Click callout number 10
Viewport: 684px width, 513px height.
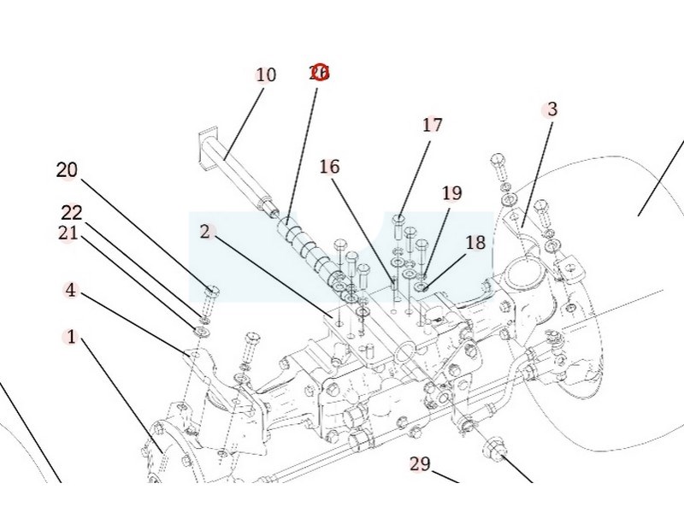click(x=266, y=75)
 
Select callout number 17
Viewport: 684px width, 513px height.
click(x=433, y=125)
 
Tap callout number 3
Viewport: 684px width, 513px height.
click(x=552, y=109)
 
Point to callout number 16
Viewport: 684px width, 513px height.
click(x=330, y=167)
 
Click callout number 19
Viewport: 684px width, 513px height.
click(x=451, y=193)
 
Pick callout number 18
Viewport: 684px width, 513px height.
click(x=475, y=243)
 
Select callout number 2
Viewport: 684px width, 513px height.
click(x=205, y=232)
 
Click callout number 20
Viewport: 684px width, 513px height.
click(x=67, y=170)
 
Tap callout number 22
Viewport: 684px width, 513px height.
click(x=72, y=212)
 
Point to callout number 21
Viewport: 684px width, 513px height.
click(x=68, y=233)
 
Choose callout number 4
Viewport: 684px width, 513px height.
click(x=70, y=291)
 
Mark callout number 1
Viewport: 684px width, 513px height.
click(x=71, y=337)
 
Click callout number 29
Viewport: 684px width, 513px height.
click(x=420, y=464)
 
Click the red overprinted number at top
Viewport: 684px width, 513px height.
click(x=319, y=73)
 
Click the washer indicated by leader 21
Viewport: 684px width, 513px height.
click(x=203, y=330)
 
